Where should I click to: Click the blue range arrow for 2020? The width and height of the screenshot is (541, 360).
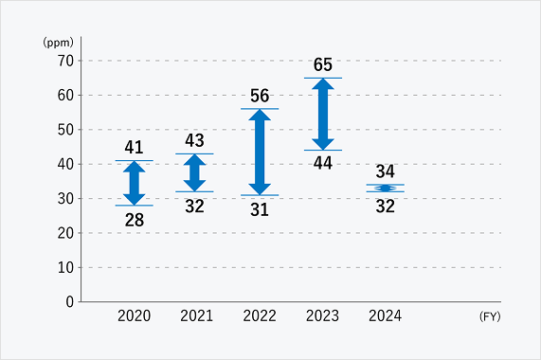(x=134, y=183)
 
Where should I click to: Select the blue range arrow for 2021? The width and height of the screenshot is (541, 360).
(x=194, y=172)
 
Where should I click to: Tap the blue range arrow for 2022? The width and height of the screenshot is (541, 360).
(x=260, y=152)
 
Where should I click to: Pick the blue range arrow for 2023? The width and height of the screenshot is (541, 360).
(x=323, y=114)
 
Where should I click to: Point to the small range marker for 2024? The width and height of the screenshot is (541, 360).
(x=385, y=188)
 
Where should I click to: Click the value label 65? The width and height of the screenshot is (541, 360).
(x=323, y=64)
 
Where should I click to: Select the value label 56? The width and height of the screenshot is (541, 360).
(x=260, y=96)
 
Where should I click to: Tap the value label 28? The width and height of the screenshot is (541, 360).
(x=134, y=220)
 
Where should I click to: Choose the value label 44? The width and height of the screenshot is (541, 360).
(x=323, y=163)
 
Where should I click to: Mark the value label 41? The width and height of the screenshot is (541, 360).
(x=134, y=147)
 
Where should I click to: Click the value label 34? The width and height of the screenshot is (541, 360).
(x=385, y=171)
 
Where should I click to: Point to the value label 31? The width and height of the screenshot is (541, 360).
(x=260, y=209)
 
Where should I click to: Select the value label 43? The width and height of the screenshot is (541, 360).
(x=194, y=140)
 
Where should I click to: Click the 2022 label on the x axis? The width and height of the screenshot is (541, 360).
(x=260, y=316)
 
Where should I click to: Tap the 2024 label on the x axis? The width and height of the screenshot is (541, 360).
(x=385, y=316)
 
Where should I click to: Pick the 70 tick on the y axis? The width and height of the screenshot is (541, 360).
(x=65, y=61)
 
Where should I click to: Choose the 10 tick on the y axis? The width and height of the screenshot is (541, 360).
(x=65, y=267)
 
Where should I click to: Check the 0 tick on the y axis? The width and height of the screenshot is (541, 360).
(x=70, y=301)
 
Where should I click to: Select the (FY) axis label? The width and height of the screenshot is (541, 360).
(x=490, y=316)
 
